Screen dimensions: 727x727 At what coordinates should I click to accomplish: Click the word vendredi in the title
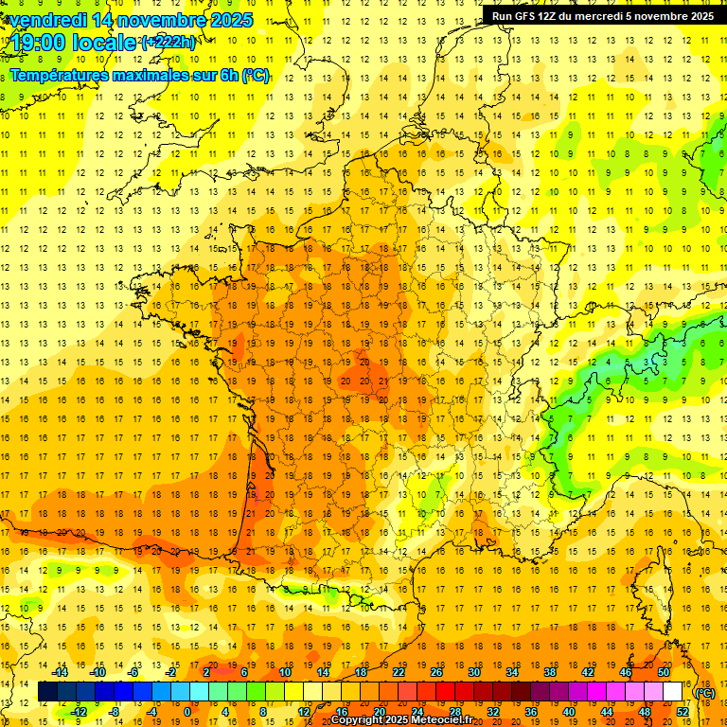[48, 20]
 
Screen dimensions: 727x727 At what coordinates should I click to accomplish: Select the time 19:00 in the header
[41, 43]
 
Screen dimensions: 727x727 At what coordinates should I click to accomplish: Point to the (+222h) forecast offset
[168, 43]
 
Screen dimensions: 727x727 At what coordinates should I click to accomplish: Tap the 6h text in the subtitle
[228, 75]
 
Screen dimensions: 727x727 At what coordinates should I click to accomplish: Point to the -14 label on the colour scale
[59, 672]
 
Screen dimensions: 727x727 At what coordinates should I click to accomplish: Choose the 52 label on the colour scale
[683, 712]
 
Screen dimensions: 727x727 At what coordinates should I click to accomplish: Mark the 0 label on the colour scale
[188, 712]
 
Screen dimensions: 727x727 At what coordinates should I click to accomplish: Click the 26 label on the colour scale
[436, 672]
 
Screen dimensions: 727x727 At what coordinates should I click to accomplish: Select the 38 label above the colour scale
[550, 672]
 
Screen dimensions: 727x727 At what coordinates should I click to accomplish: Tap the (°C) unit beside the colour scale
[705, 693]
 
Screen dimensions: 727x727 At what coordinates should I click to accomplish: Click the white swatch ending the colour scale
[672, 692]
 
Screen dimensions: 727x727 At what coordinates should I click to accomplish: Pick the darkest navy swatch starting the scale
[47, 692]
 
